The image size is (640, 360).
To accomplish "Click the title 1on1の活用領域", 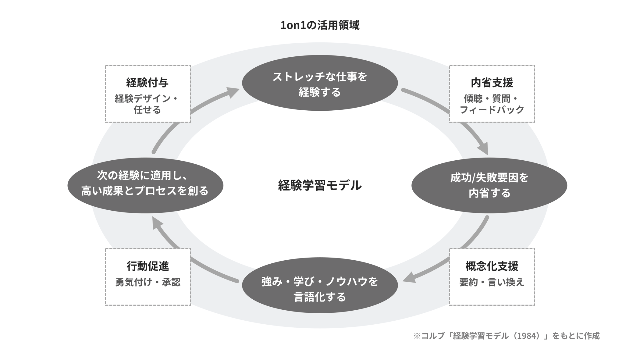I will [x=320, y=25].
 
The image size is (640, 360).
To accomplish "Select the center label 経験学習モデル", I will [x=320, y=185].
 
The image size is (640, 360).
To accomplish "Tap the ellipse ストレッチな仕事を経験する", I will [x=320, y=83].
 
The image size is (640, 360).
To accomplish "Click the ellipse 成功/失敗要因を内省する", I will [x=489, y=185].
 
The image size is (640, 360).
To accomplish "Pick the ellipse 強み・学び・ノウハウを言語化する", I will [x=320, y=285].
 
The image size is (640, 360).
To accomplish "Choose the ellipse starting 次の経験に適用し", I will [x=145, y=185].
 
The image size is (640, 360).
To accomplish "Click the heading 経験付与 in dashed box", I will [x=148, y=82].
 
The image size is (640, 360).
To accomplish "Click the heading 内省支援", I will [x=492, y=82].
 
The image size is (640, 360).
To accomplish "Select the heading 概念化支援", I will [x=492, y=266].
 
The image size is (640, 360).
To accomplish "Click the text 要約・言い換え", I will [x=492, y=282].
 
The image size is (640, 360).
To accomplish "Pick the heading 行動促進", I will [x=148, y=266].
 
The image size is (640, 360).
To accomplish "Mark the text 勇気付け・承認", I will [x=148, y=282].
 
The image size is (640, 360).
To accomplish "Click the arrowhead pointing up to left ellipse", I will [x=157, y=223].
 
